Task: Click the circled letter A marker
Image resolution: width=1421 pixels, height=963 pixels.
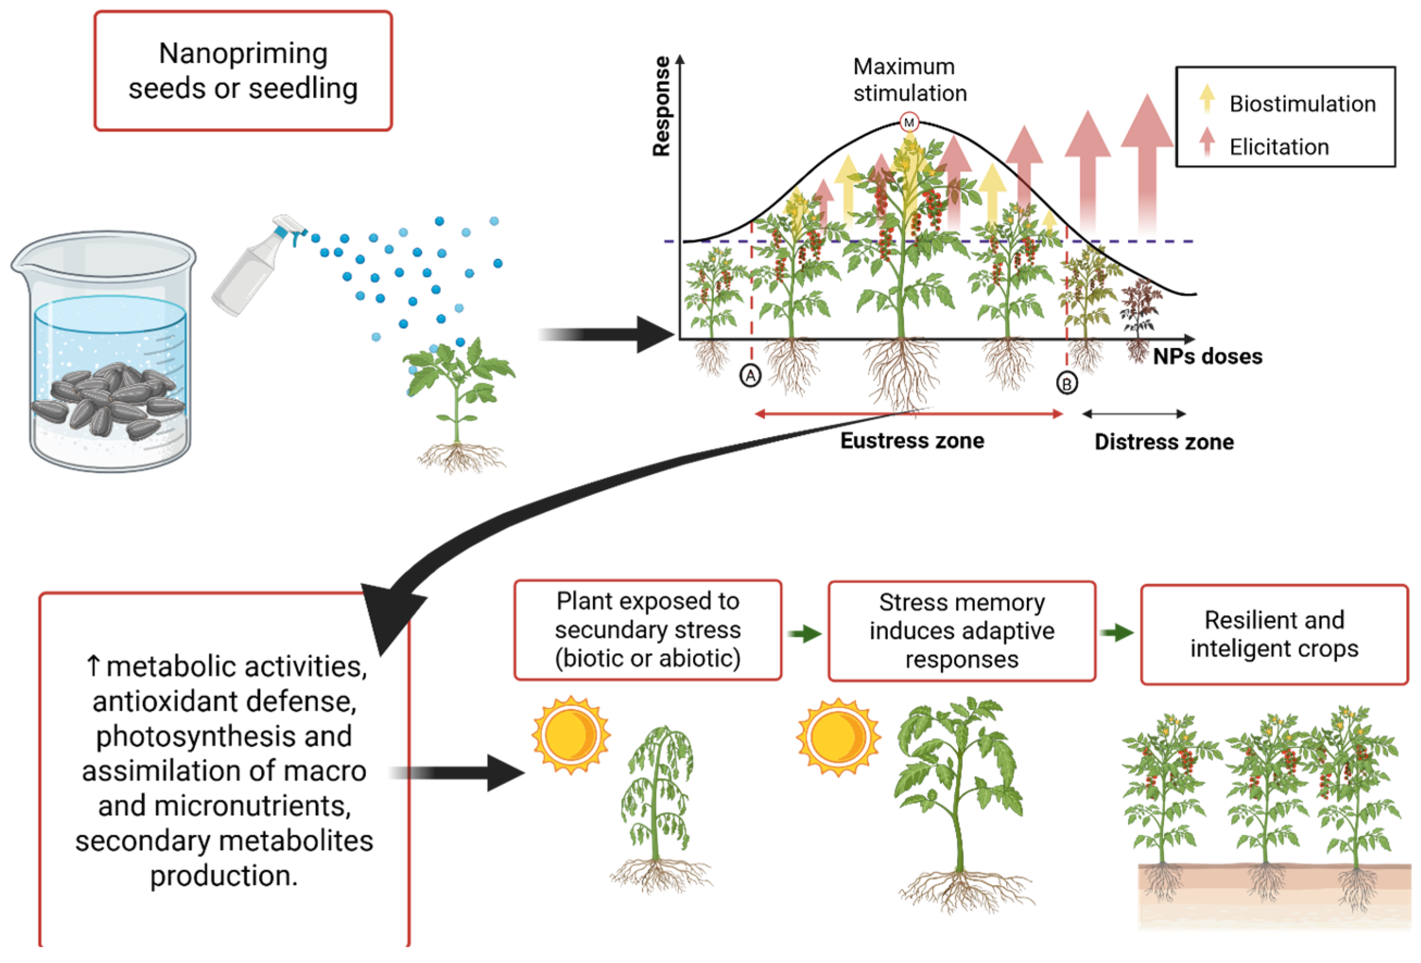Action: point(750,376)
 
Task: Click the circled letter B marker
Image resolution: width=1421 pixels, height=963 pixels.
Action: point(1067,383)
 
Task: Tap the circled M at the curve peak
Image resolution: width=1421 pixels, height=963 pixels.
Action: point(909,122)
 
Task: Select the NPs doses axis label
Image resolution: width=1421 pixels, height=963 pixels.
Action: point(1207,357)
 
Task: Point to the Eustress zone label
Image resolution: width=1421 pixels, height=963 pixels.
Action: point(912,440)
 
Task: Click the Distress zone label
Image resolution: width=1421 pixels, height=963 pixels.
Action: point(1163,441)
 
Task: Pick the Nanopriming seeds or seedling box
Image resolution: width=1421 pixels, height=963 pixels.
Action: point(243,70)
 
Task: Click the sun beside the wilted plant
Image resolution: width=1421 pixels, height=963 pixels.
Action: point(570,734)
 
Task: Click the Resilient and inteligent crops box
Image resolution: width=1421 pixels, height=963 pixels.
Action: point(1274,634)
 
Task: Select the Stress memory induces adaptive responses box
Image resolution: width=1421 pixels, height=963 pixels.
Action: point(961,630)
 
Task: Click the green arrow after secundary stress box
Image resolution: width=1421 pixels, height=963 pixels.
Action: point(805,634)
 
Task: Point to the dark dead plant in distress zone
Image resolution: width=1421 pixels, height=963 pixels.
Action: point(1139,312)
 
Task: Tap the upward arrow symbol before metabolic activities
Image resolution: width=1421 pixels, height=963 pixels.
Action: point(93,665)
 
